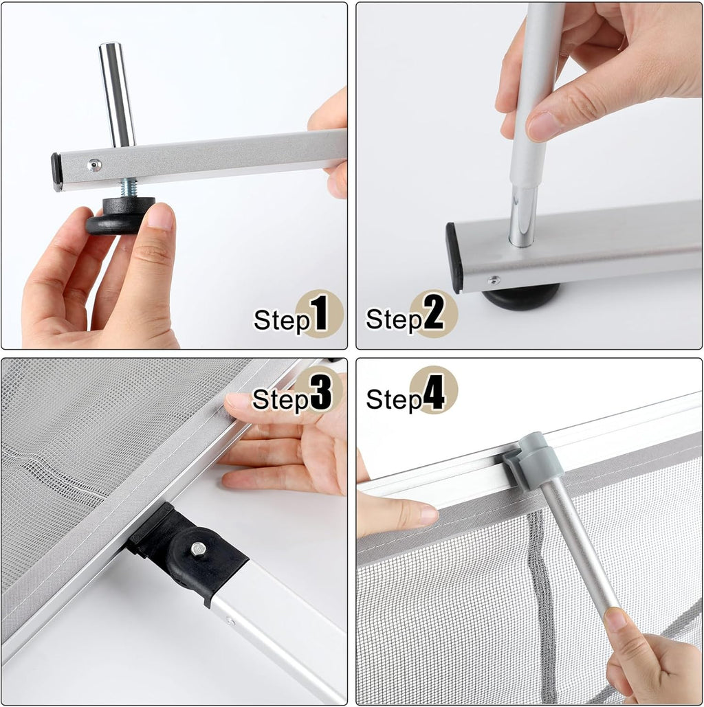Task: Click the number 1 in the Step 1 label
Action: [x=319, y=314]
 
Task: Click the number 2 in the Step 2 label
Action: [x=434, y=314]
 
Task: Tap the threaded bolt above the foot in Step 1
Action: [x=129, y=187]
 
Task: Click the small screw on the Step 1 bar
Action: [x=95, y=164]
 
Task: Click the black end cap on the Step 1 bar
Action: [x=56, y=172]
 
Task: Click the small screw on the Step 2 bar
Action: [x=494, y=280]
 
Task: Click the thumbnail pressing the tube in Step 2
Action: [x=543, y=126]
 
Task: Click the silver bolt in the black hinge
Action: [x=198, y=549]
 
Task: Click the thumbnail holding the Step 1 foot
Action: [x=159, y=216]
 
